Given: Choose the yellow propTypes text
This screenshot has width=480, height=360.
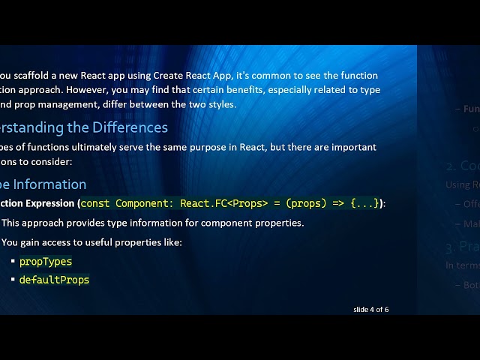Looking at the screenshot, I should point(46,262).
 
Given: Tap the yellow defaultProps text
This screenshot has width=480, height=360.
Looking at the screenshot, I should point(54,280).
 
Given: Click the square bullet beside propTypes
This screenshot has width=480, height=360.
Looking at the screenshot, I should point(13,262).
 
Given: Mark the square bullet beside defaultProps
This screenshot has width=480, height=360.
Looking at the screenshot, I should point(13,280).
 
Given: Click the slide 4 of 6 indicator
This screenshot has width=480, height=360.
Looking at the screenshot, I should point(370,309).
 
